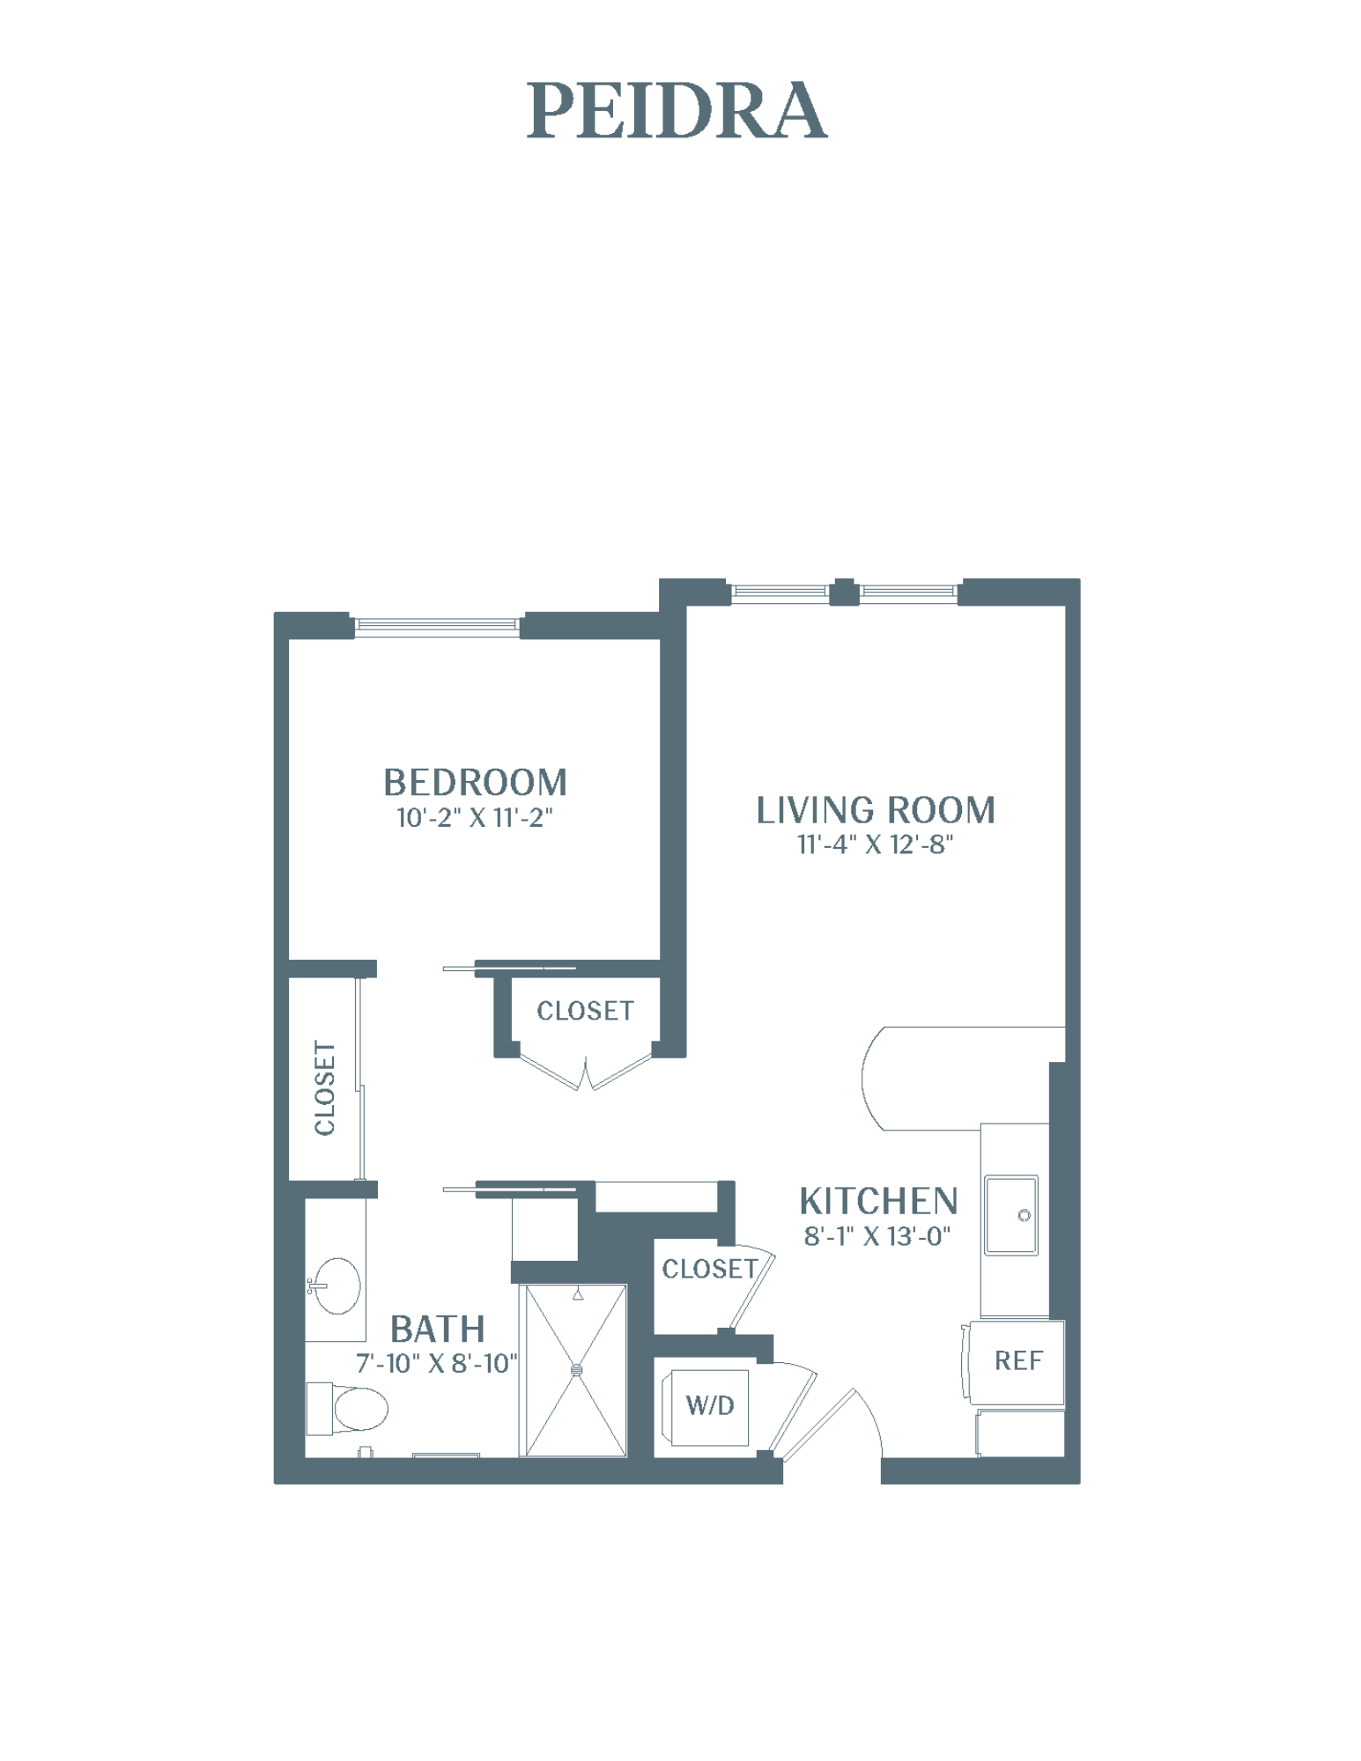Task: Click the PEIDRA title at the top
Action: (x=677, y=111)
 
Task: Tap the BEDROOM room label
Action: (x=475, y=782)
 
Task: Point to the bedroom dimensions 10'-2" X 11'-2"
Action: (x=475, y=818)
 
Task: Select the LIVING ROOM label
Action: (x=876, y=810)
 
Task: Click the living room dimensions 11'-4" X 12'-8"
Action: (x=876, y=844)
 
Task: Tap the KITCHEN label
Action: (x=878, y=1201)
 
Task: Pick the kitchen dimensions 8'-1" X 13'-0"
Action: (x=877, y=1236)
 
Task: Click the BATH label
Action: (x=437, y=1329)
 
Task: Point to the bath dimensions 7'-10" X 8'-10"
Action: (x=437, y=1364)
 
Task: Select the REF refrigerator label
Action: (x=1018, y=1361)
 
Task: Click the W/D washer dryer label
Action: (x=710, y=1405)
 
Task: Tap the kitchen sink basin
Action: (x=1011, y=1215)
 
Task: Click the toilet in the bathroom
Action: (x=347, y=1408)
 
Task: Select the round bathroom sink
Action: (x=337, y=1286)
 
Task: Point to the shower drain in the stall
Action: (x=577, y=1370)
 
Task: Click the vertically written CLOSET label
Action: (x=325, y=1088)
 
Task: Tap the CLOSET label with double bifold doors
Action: (x=585, y=1011)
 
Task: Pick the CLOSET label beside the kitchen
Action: (x=710, y=1269)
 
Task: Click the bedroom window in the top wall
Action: (x=437, y=626)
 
